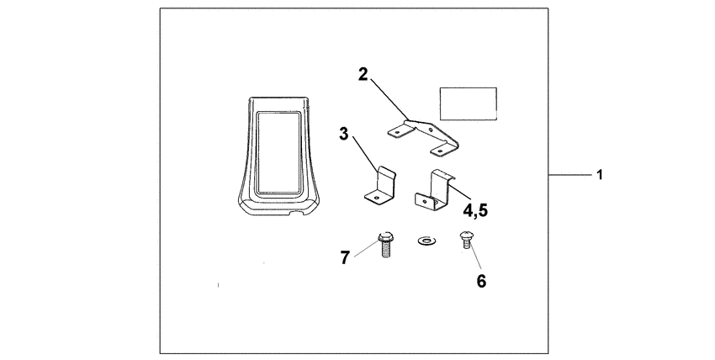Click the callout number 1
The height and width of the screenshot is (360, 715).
pyautogui.click(x=600, y=174)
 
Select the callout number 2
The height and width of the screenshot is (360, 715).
pyautogui.click(x=363, y=74)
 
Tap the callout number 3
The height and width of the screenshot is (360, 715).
pyautogui.click(x=343, y=134)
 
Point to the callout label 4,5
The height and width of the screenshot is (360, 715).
pyautogui.click(x=475, y=210)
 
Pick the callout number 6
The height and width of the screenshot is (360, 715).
pyautogui.click(x=481, y=281)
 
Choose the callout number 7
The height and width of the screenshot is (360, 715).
pyautogui.click(x=345, y=258)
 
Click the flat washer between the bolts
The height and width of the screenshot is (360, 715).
pyautogui.click(x=426, y=241)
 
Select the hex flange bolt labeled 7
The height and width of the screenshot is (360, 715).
pyautogui.click(x=386, y=245)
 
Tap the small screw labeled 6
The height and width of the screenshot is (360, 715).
pyautogui.click(x=466, y=240)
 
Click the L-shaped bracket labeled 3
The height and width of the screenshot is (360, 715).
pyautogui.click(x=380, y=186)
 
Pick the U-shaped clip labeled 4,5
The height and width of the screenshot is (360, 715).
pyautogui.click(x=434, y=190)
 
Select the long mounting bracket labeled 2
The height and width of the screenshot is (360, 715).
pyautogui.click(x=423, y=138)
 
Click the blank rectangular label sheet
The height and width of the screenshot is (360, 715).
pyautogui.click(x=468, y=104)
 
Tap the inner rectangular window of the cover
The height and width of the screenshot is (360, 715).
pyautogui.click(x=278, y=153)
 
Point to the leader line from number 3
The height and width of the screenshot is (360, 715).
pyautogui.click(x=366, y=154)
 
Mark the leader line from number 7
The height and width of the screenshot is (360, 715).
pyautogui.click(x=367, y=249)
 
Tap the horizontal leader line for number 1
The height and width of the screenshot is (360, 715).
pyautogui.click(x=569, y=174)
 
